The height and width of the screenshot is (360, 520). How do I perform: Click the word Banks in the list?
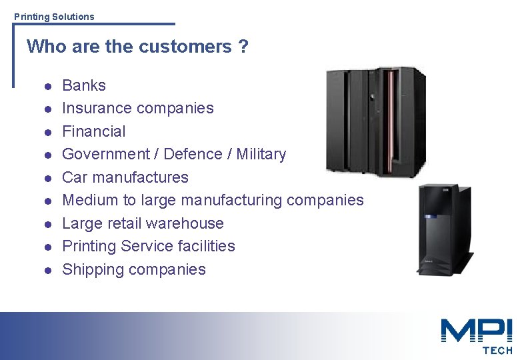click(84, 85)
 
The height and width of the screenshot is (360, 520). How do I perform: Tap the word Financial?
click(93, 131)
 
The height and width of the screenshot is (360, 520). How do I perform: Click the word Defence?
click(193, 154)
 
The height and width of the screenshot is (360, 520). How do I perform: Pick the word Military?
click(261, 155)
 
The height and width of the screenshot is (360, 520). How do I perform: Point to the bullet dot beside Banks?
click(47, 86)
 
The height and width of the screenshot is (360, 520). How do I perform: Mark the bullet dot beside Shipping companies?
click(47, 271)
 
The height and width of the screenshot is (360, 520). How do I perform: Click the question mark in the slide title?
click(243, 47)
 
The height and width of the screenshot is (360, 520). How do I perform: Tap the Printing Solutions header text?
click(54, 17)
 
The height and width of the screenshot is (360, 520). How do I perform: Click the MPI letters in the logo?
click(476, 331)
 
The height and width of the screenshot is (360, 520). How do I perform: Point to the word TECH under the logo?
click(497, 350)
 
